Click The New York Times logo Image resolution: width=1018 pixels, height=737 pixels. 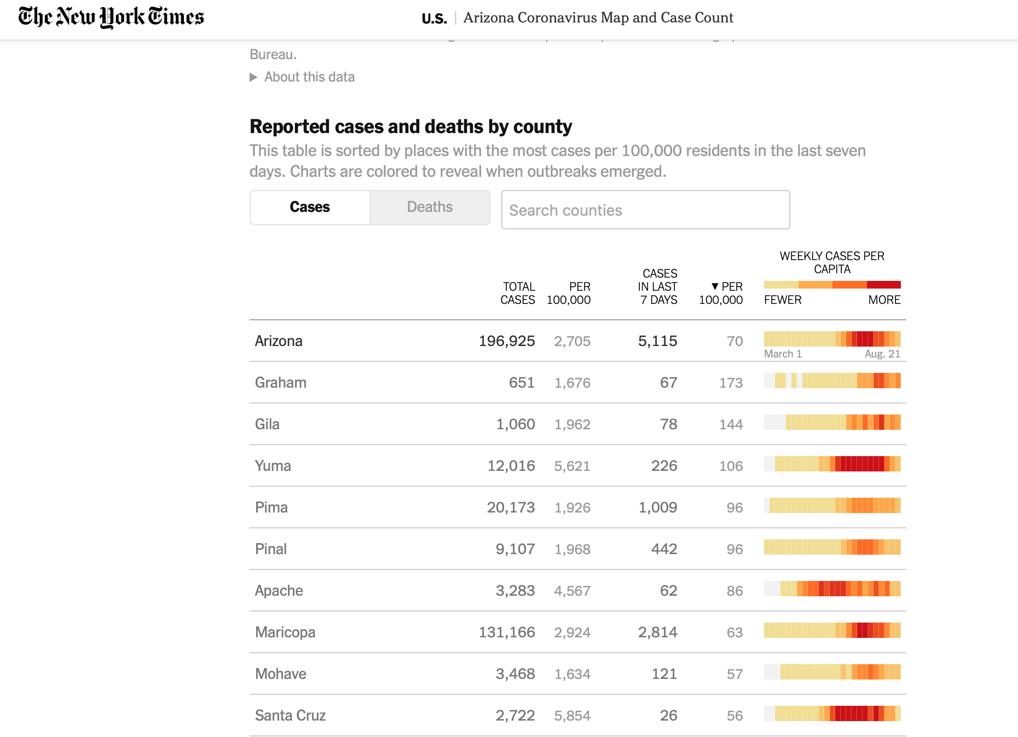coord(111,17)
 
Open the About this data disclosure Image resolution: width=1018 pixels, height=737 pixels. coord(302,77)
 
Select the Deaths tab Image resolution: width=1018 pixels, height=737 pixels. coord(430,207)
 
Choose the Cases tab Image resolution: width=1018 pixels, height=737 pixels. coord(310,207)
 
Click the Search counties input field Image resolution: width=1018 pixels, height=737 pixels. coord(645,210)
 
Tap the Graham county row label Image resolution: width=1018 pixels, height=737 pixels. coord(281,383)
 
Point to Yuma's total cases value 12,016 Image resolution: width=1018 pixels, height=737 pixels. coord(511,466)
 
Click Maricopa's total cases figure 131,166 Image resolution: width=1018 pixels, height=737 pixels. coord(507,632)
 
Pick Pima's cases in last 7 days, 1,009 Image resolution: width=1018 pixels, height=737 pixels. coord(658,508)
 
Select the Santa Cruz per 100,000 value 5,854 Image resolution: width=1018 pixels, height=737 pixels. coord(572,716)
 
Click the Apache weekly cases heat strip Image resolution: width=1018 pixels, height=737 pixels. coord(832,589)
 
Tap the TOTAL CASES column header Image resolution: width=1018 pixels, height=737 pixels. coord(518,293)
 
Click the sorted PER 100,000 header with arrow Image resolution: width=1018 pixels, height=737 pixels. coord(721,293)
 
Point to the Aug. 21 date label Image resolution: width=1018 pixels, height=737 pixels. coord(882,354)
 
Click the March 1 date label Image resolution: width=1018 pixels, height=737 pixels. coord(783,354)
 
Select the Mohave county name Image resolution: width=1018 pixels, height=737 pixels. coord(281,674)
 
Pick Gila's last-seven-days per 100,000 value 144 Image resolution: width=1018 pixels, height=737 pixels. coord(731,424)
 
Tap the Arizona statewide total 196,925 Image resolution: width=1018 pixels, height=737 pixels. coord(507,341)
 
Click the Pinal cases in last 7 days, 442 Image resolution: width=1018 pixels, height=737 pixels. coord(664,549)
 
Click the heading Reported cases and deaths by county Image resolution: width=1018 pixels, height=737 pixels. coord(410,126)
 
